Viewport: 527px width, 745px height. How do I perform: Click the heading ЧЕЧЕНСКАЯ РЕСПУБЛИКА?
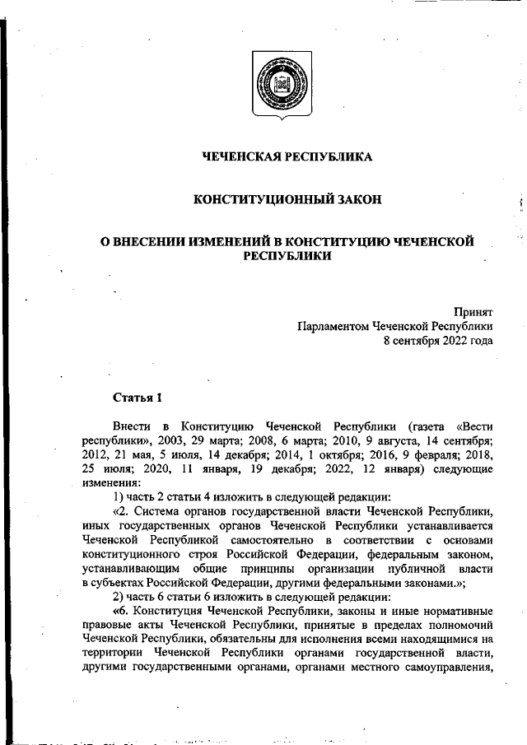287,156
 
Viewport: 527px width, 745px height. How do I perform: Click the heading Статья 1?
138,398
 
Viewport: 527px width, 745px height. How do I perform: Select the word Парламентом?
333,326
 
